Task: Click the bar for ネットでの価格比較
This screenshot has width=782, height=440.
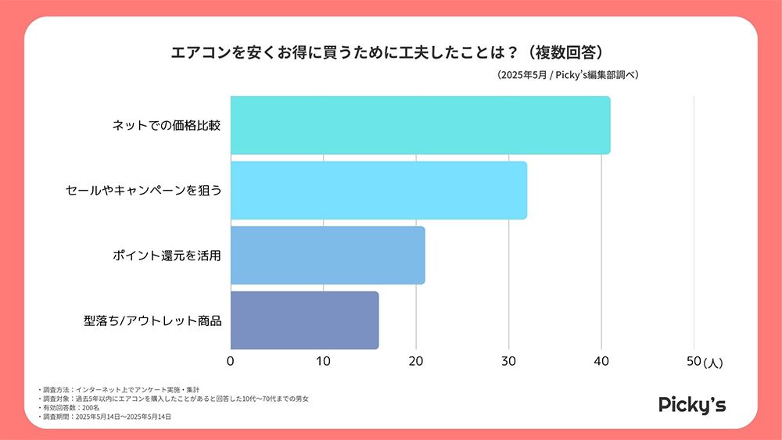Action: click(x=420, y=125)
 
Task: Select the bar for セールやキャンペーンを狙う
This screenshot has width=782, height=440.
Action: click(x=378, y=190)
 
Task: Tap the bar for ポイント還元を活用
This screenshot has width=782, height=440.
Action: click(x=328, y=255)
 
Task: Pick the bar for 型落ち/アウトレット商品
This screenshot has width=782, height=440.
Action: click(x=304, y=320)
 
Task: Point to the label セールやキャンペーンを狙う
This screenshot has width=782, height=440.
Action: click(x=144, y=190)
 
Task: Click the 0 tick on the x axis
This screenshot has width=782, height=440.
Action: click(x=231, y=361)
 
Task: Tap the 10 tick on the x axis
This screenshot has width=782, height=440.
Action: click(x=323, y=361)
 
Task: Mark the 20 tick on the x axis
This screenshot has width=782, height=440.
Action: click(x=416, y=361)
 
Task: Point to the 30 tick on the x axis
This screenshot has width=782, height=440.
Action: click(x=508, y=361)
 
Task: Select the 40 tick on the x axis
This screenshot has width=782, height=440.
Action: click(x=601, y=361)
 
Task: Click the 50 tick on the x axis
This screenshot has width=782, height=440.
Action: click(x=693, y=361)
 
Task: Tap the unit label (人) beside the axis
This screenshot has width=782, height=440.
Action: click(x=713, y=363)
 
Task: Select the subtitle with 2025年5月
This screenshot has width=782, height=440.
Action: click(x=568, y=75)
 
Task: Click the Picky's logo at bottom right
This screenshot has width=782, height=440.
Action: click(x=692, y=404)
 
